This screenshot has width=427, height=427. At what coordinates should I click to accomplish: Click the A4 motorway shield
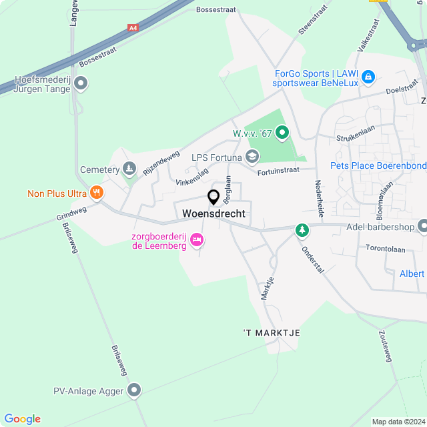[133, 28]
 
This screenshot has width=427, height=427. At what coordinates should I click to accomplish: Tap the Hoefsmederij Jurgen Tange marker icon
[81, 84]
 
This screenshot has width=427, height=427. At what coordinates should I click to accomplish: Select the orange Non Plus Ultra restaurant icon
[97, 193]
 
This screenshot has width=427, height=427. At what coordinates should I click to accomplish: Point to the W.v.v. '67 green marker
[282, 133]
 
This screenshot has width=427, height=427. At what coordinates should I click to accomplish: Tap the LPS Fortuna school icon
[252, 157]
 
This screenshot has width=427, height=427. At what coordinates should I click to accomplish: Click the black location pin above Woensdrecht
[213, 197]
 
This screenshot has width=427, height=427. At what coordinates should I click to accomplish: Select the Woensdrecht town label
[213, 213]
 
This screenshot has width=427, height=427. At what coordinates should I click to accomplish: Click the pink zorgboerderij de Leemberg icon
[196, 239]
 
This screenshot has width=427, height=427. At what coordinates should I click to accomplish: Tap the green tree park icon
[303, 230]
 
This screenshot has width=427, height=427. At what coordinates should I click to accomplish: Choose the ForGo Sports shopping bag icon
[368, 78]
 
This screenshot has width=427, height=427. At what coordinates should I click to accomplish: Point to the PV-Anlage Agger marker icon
[135, 390]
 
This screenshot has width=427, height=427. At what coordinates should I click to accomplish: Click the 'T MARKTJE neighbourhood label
[272, 332]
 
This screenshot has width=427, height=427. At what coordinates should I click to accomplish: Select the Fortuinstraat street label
[279, 171]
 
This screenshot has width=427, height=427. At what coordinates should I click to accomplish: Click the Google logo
[22, 418]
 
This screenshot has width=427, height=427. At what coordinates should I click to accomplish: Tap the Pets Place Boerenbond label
[378, 165]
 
